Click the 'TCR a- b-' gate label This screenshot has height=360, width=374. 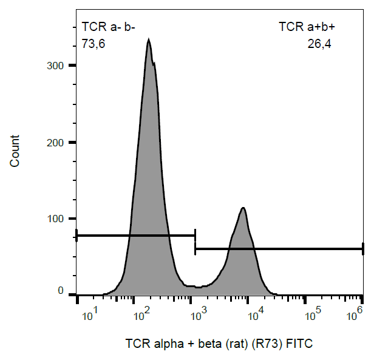109,27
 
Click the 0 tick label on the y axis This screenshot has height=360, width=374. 61,291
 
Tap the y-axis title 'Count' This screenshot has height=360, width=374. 15,151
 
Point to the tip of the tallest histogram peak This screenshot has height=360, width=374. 148,40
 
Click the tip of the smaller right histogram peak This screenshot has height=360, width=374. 243,208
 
